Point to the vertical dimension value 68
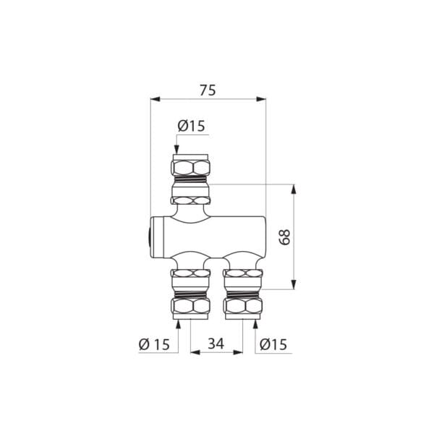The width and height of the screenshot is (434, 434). [x=285, y=237]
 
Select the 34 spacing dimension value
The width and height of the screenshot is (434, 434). [x=216, y=344]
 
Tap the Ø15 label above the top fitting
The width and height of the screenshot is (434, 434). [x=191, y=126]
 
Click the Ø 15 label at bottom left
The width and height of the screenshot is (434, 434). [x=154, y=344]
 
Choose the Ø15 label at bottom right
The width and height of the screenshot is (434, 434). [x=272, y=344]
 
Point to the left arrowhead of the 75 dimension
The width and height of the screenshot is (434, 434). [x=154, y=99]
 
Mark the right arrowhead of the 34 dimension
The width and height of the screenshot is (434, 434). [x=239, y=353]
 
